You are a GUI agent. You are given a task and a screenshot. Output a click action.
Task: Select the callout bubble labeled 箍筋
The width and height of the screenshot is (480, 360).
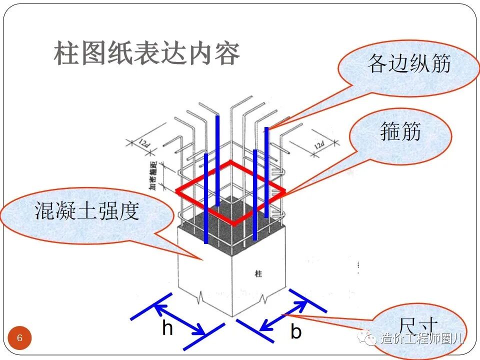point(400,132)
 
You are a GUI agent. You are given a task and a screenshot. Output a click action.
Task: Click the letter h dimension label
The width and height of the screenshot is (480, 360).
point(167,328)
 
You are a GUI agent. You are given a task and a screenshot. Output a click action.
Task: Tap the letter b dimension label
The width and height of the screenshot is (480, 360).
point(296,332)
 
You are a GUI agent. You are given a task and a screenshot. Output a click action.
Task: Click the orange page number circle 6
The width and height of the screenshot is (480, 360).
point(20,338)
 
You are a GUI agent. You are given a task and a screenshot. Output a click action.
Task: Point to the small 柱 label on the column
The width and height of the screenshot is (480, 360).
point(258,273)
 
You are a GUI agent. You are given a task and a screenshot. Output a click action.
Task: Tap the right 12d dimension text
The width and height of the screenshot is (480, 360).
point(318,144)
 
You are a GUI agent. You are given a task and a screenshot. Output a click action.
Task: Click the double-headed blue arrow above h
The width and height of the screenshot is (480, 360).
point(179,314)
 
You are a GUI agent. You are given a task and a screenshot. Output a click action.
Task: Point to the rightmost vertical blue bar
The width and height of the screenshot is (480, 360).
point(266,172)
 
